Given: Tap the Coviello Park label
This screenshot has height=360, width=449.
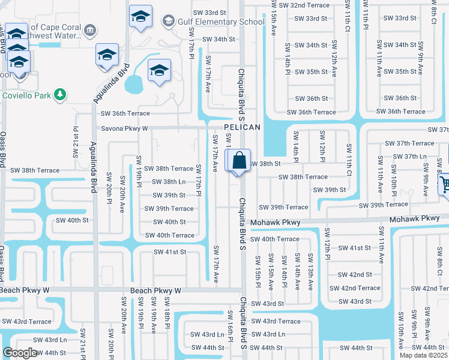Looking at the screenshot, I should (x=26, y=95).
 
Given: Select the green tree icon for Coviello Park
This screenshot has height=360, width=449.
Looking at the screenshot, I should (x=59, y=95).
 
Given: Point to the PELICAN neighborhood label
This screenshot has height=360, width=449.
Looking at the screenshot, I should (x=243, y=128).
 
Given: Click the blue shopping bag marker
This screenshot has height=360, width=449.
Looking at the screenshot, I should (x=238, y=161).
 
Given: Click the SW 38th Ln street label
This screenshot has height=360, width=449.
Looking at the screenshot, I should (x=169, y=182).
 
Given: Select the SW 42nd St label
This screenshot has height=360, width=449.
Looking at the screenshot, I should (x=355, y=275).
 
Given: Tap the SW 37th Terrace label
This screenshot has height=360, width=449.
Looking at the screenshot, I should (x=411, y=143).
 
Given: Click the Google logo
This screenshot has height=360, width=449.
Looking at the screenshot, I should (x=20, y=353).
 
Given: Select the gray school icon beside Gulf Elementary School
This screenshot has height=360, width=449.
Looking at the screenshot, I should (x=168, y=22).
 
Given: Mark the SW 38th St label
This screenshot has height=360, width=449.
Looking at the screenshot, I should (x=265, y=164).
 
